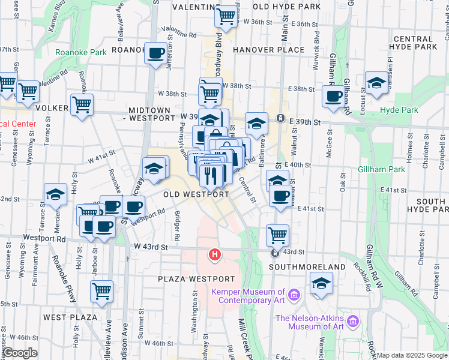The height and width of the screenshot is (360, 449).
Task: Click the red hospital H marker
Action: click(x=214, y=256)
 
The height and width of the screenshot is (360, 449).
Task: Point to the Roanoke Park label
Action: click(x=80, y=52)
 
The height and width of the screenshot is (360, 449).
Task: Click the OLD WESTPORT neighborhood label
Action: click(x=196, y=194)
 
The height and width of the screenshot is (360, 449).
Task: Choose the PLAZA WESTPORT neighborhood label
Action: click(x=196, y=279)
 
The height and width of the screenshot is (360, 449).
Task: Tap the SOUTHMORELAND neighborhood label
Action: click(x=307, y=266)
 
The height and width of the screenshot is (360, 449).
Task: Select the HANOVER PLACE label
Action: click(x=269, y=49)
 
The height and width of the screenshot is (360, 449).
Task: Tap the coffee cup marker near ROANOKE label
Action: click(x=156, y=53)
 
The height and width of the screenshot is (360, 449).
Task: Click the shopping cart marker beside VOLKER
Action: click(x=82, y=104)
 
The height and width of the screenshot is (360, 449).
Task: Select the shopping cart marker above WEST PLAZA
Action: click(x=101, y=291)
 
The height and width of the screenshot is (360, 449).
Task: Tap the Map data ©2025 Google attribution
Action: click(x=412, y=356)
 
